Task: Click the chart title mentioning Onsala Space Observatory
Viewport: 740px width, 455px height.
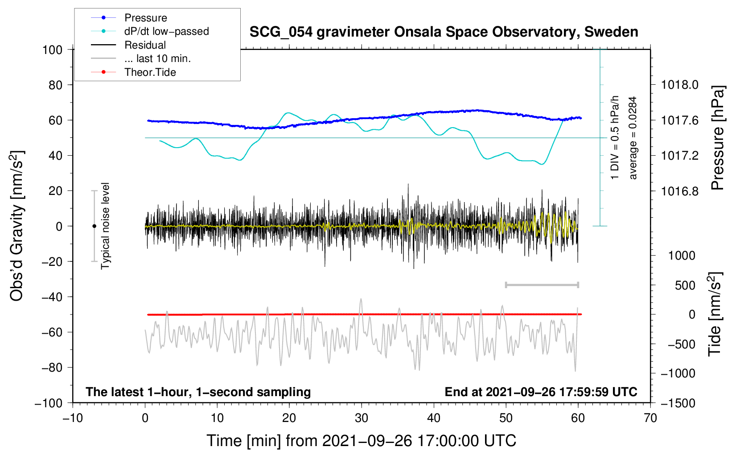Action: [444, 32]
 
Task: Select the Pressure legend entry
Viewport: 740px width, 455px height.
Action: [145, 18]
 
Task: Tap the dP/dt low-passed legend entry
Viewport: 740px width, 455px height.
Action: [166, 31]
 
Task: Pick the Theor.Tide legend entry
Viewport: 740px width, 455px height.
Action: [150, 72]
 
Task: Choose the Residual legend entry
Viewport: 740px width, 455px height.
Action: [145, 45]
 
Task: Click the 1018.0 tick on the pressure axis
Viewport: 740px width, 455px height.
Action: [679, 85]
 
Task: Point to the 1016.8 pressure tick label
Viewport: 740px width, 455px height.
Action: [679, 191]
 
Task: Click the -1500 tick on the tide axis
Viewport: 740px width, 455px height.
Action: [678, 403]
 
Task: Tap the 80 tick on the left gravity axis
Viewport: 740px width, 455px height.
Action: [55, 85]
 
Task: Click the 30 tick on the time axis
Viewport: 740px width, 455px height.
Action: [362, 418]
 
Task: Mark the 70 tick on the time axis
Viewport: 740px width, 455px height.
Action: [650, 418]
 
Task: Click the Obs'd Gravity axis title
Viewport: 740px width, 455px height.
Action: [17, 226]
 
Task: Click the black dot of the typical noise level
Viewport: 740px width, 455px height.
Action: [94, 226]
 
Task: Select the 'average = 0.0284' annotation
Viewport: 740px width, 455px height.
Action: [633, 138]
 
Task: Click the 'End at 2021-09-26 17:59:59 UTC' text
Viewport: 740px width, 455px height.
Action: [541, 392]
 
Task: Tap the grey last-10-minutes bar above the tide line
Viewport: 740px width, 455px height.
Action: [542, 285]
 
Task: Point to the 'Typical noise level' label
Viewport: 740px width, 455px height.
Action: [105, 226]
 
